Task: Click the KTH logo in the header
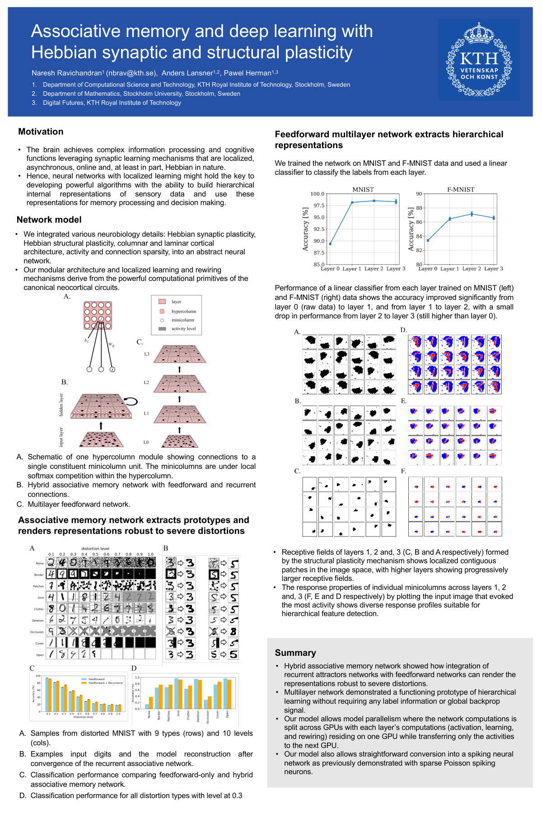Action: pyautogui.click(x=479, y=60)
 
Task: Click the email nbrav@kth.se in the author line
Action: pyautogui.click(x=131, y=73)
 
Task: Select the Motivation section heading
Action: pyautogui.click(x=41, y=132)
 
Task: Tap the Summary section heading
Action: pyautogui.click(x=295, y=653)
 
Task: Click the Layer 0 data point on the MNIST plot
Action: pyautogui.click(x=330, y=244)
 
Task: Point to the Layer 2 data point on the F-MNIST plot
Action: pyautogui.click(x=472, y=214)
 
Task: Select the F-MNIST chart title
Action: pyautogui.click(x=461, y=190)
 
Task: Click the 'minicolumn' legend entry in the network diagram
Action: pyautogui.click(x=182, y=320)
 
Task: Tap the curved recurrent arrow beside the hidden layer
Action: pyautogui.click(x=131, y=401)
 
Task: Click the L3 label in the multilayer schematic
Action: pyautogui.click(x=146, y=354)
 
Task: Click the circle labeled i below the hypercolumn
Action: pyautogui.click(x=112, y=369)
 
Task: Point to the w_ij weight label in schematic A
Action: pyautogui.click(x=111, y=344)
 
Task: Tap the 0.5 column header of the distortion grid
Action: pyautogui.click(x=95, y=554)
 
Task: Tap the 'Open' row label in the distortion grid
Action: pyautogui.click(x=40, y=654)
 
